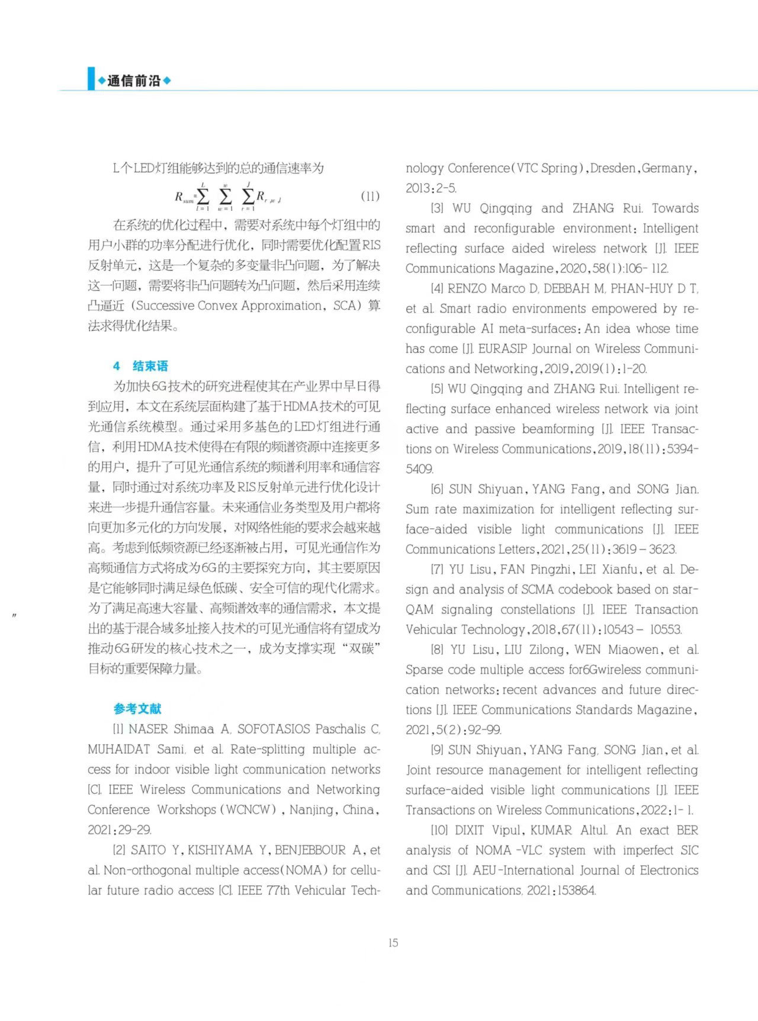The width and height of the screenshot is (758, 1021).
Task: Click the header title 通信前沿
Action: [134, 81]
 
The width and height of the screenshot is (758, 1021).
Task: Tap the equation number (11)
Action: [370, 197]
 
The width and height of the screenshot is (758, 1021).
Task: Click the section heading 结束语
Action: [150, 366]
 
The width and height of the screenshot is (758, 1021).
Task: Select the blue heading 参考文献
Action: [137, 708]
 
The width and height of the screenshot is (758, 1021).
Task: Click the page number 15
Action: [393, 942]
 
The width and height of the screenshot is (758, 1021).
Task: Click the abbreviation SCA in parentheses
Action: [342, 306]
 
